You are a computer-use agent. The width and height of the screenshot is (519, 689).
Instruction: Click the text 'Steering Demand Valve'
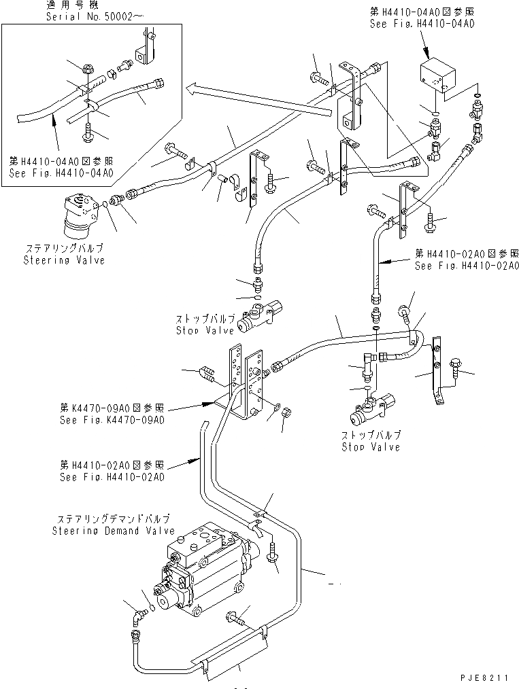113,531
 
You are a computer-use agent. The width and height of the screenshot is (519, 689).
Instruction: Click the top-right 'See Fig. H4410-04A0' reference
422,22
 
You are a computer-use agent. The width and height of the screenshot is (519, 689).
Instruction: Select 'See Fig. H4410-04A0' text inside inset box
61,172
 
